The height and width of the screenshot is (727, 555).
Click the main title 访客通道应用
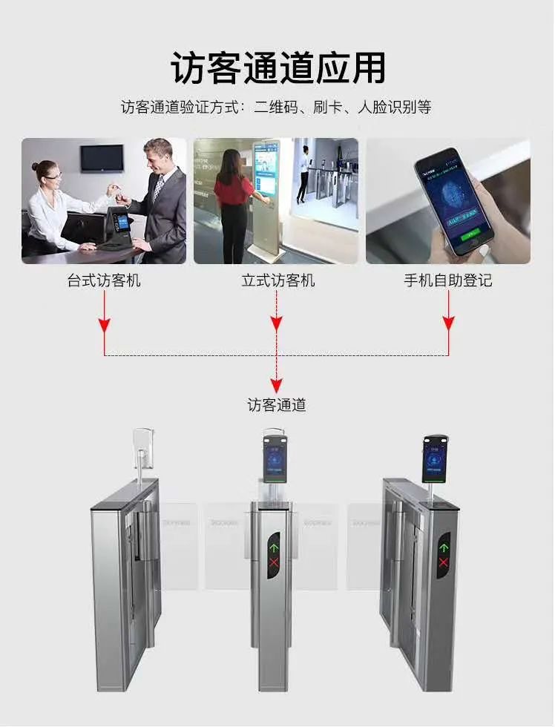pos(277,68)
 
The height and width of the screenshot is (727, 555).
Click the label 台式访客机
pos(104,281)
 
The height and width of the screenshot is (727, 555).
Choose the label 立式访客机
pos(277,281)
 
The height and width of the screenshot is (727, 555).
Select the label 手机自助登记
pos(447,281)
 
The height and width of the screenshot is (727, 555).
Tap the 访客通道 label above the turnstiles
pos(277,405)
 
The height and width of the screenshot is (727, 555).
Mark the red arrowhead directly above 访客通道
pos(277,385)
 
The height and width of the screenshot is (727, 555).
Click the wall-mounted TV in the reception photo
pos(102,158)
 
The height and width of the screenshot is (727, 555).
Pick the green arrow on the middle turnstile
pos(274,550)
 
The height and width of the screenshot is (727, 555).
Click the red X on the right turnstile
pos(444,563)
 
